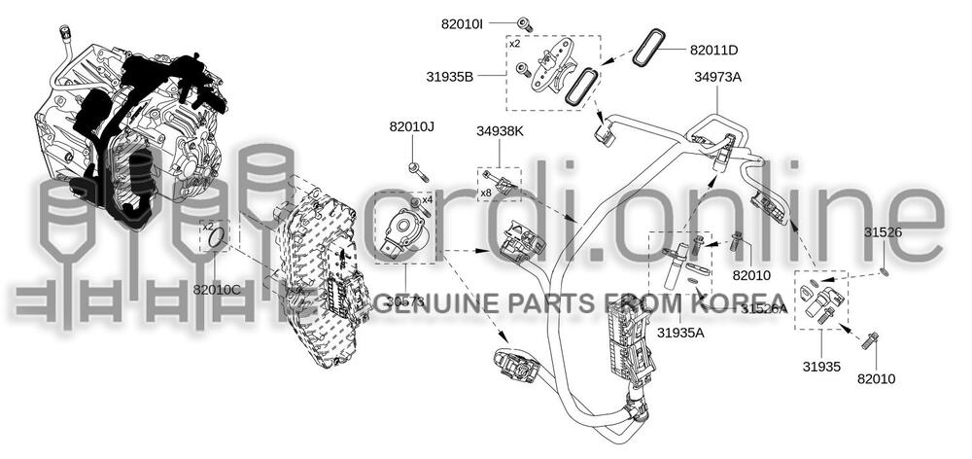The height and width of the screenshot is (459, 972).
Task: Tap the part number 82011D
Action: click(713, 50)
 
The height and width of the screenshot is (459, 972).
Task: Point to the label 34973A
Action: click(717, 77)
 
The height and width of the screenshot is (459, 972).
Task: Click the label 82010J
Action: click(412, 126)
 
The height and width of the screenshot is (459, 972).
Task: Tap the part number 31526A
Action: click(764, 308)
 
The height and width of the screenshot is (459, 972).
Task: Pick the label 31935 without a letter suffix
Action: click(821, 367)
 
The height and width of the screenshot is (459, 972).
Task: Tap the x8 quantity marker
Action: click(485, 194)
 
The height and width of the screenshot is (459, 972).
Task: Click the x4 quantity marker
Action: click(427, 199)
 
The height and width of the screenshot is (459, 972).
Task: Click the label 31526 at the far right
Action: click(883, 232)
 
